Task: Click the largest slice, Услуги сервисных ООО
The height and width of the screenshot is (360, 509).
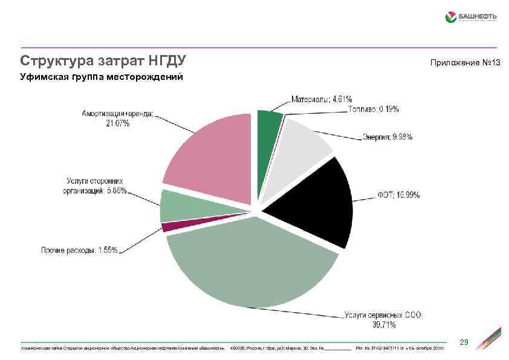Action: coord(254,266)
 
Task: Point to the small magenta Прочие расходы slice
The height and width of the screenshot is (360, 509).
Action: coord(172,226)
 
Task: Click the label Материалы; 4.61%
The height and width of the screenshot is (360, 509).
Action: coord(322,99)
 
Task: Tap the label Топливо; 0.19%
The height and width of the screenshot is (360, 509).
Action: coord(373,109)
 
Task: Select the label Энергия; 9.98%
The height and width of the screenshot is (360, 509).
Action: coord(387,137)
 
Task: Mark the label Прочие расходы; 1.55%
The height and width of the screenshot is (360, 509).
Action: coord(79,250)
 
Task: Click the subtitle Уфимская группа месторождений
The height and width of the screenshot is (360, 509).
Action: coord(101,77)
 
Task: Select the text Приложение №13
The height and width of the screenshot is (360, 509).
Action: coord(465,63)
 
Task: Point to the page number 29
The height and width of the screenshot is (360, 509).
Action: coord(464,342)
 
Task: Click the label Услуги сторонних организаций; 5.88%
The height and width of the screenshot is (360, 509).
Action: coord(96,186)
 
